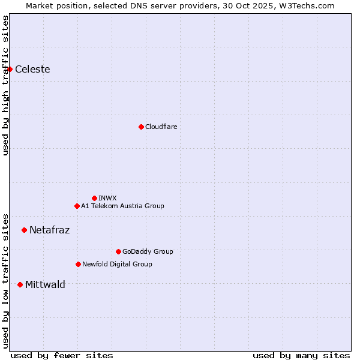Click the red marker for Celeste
click(10, 69)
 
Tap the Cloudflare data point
click(141, 127)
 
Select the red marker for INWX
click(94, 198)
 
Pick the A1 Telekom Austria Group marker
click(77, 206)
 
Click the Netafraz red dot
click(24, 230)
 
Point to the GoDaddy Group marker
click(118, 251)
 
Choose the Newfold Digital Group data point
click(78, 264)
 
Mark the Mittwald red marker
click(20, 284)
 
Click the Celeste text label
click(32, 69)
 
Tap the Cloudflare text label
click(161, 127)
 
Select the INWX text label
click(107, 198)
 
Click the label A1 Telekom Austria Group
click(122, 206)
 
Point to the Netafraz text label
click(49, 230)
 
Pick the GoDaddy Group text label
click(148, 251)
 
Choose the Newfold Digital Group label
click(117, 264)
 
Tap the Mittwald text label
click(45, 284)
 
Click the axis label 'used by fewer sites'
click(62, 355)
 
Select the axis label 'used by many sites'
click(301, 355)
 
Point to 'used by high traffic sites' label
click(5, 85)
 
